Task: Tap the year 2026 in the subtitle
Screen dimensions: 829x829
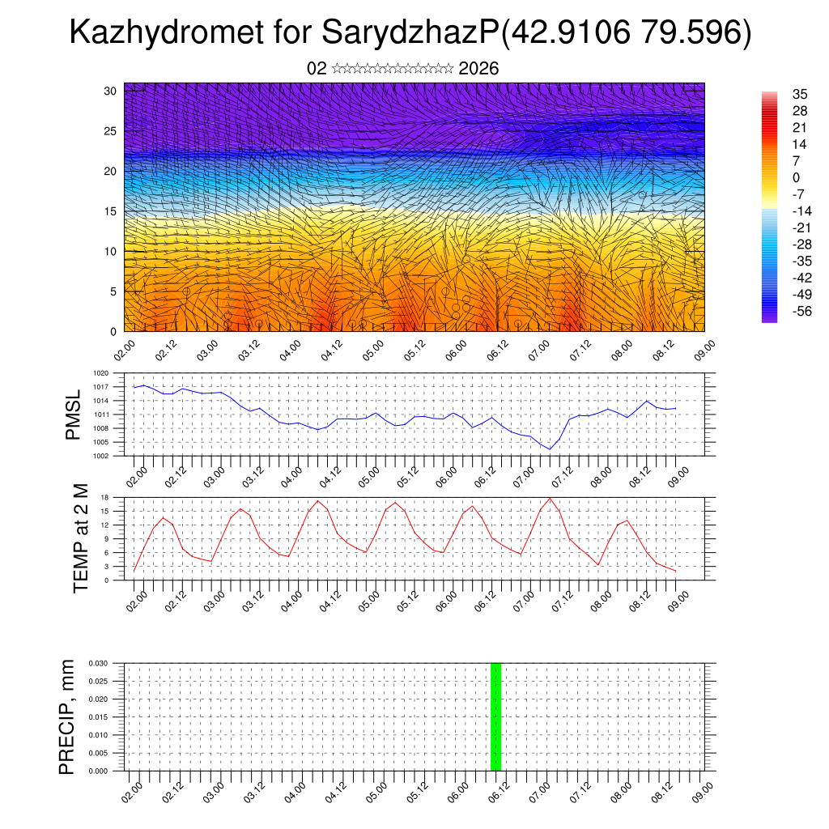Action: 478,69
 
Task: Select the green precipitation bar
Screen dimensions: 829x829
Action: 496,716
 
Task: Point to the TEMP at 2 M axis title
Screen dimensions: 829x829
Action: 80,538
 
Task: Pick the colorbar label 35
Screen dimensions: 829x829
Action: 801,94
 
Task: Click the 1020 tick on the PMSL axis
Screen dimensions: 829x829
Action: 100,373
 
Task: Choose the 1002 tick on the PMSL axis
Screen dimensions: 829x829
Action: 100,456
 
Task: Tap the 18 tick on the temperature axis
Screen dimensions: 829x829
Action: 105,497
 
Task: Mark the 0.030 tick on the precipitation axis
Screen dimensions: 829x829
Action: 98,663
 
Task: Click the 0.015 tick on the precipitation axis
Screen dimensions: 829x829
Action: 98,717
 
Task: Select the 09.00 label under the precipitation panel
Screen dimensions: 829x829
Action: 703,791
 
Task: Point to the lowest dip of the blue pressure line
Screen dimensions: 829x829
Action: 550,449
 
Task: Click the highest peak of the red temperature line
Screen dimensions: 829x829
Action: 550,498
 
